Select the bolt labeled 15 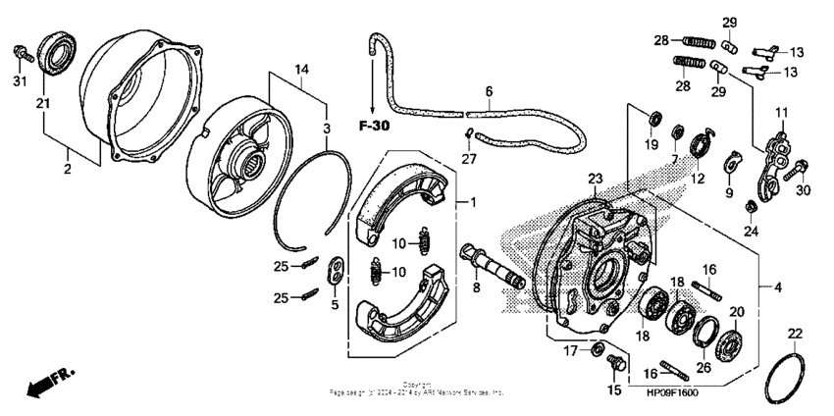[615, 364]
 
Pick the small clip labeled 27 [469, 135]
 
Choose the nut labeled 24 [750, 206]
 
